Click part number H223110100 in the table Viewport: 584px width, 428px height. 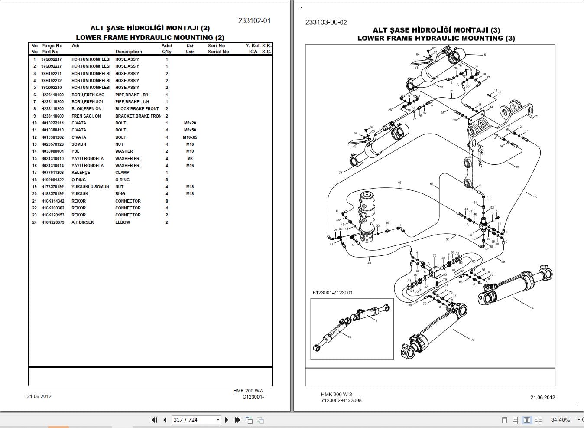52,95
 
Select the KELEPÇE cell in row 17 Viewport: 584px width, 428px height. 81,173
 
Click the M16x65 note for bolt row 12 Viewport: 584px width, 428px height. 190,137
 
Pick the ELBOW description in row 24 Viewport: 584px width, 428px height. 123,222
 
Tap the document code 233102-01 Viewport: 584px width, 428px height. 254,20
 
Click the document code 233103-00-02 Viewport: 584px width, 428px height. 326,22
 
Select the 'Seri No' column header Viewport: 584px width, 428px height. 216,46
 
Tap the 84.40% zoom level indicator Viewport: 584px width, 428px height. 560,420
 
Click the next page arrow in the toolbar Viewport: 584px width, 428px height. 227,420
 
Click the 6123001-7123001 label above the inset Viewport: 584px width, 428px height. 333,293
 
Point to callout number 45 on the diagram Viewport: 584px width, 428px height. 399,183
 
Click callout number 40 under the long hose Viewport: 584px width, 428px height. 369,263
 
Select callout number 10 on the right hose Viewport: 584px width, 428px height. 535,197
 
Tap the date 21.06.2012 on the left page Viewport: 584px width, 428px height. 39,396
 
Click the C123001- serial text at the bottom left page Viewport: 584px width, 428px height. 253,397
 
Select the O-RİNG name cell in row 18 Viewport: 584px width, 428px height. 78,180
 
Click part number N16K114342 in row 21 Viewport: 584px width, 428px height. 52,201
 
